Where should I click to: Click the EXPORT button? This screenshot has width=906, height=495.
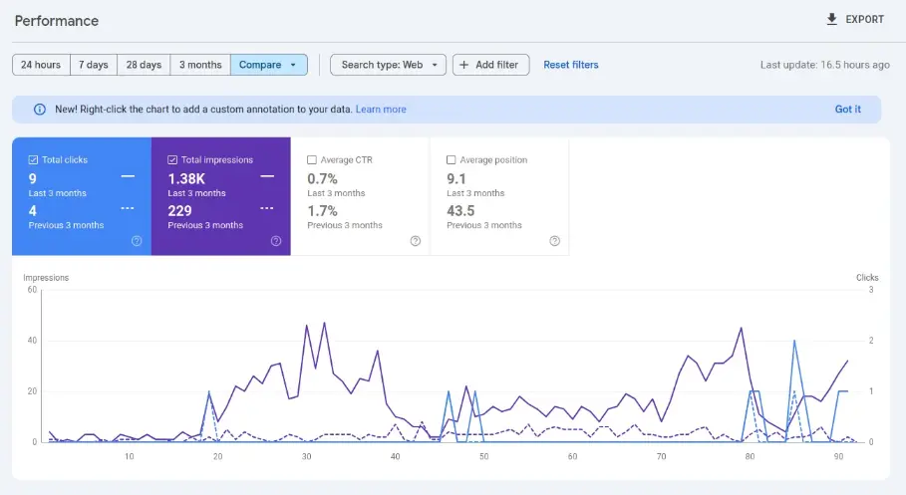point(854,20)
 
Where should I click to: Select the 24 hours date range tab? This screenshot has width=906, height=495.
point(41,65)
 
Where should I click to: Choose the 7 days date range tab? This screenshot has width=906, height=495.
point(94,65)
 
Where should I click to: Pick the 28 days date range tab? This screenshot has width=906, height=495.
point(144,65)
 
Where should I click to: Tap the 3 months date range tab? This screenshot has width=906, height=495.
point(200,65)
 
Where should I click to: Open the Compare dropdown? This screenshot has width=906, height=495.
point(268,65)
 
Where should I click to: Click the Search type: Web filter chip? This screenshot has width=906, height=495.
point(388,65)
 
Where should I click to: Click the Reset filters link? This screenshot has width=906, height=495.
point(571,65)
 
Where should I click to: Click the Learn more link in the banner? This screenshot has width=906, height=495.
point(381,110)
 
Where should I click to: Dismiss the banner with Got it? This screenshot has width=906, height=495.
point(847,110)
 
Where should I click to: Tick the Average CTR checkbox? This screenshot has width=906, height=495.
point(313,159)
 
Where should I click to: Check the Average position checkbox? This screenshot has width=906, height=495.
point(452,159)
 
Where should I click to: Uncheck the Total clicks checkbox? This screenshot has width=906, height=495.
point(34,159)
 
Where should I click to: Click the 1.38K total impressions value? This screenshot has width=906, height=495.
point(186,178)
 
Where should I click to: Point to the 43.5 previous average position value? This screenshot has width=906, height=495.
point(460,210)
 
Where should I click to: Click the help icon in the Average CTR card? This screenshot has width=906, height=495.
point(415,241)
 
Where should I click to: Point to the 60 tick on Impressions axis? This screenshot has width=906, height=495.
point(32,290)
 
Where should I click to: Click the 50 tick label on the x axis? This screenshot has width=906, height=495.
point(483,457)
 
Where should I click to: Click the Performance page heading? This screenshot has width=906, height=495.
point(56,21)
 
